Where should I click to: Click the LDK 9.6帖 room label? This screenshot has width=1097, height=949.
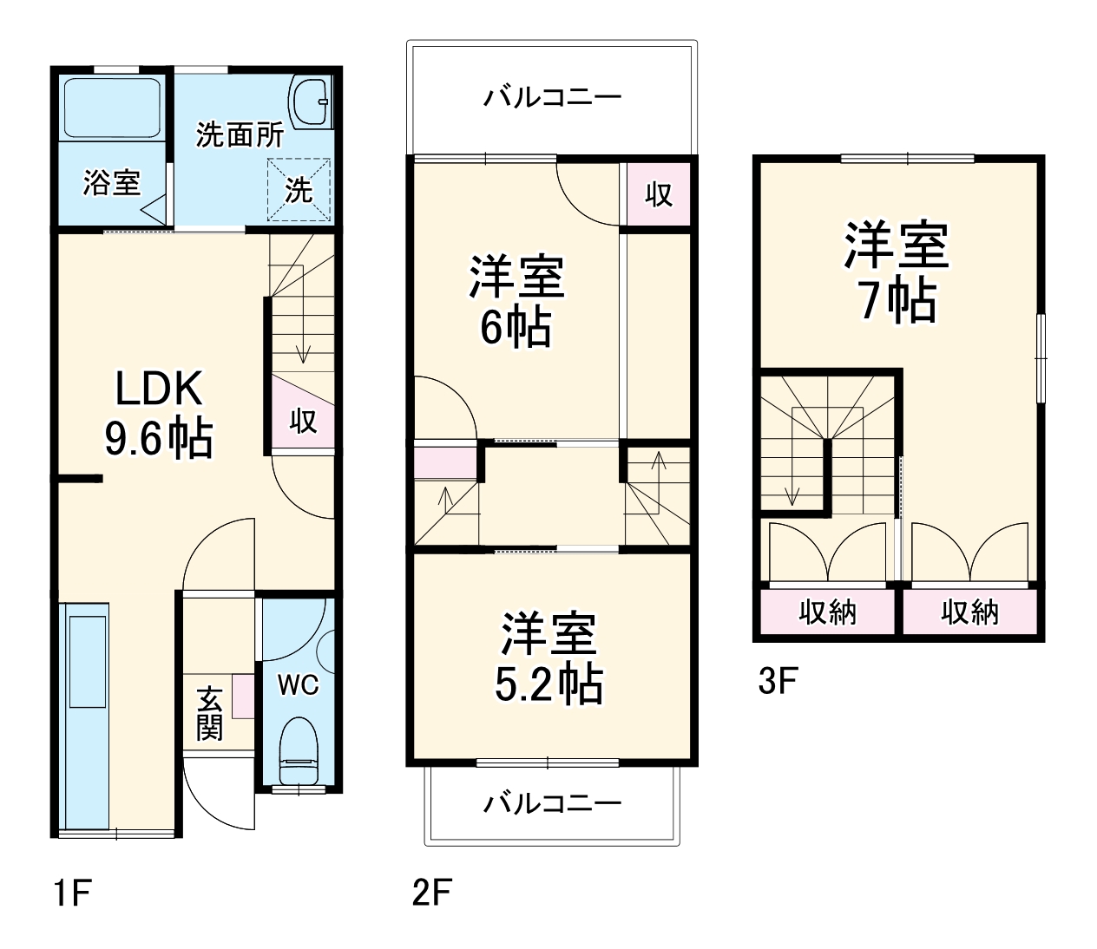159,413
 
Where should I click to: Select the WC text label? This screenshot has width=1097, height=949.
298,685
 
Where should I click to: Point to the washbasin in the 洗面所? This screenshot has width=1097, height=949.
309,102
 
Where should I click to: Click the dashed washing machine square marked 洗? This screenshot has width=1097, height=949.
299,190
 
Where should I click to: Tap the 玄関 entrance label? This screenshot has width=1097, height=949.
209,713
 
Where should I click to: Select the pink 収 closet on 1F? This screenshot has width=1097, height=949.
303,422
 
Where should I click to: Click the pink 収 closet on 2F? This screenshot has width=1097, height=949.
659,193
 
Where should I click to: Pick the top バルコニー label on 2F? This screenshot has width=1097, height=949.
552,96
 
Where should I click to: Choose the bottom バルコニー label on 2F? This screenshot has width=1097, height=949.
552,803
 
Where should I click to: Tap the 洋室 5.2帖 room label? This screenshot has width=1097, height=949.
548,659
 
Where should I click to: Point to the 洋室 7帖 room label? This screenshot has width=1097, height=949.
897,272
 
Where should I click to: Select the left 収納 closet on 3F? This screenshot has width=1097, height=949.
828,612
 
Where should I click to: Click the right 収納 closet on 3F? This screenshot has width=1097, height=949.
970,612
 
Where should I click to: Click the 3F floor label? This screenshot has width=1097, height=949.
777,681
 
